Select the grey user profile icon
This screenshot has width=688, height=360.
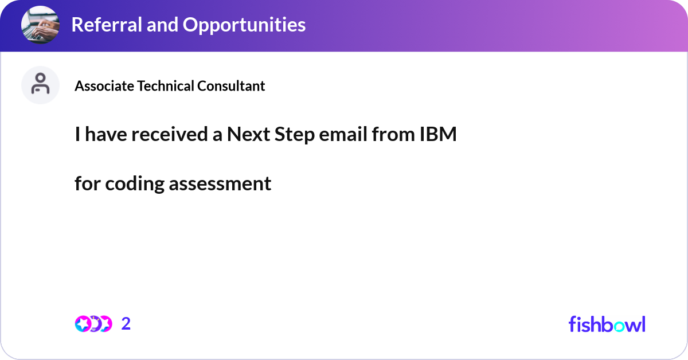pos(40,85)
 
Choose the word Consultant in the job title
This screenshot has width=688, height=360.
pos(231,86)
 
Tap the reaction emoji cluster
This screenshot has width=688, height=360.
pos(93,324)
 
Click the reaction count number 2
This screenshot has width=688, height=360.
pos(126,324)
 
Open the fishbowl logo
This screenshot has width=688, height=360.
pos(607,324)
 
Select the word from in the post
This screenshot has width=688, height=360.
pos(392,135)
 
